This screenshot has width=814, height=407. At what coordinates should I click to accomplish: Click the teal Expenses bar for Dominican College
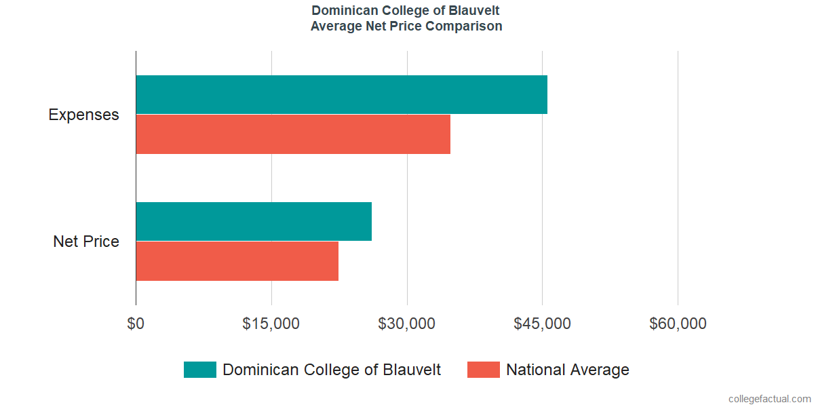pyautogui.click(x=341, y=94)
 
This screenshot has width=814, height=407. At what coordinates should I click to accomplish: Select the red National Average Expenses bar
pyautogui.click(x=293, y=134)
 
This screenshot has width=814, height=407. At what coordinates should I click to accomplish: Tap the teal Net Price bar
pyautogui.click(x=254, y=221)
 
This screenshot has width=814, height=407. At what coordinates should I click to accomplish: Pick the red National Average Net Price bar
pyautogui.click(x=237, y=260)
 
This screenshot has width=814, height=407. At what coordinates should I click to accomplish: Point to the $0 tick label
pyautogui.click(x=136, y=324)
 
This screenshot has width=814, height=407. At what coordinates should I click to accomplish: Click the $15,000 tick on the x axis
pyautogui.click(x=271, y=324)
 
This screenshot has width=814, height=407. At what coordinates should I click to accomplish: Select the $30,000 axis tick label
pyautogui.click(x=406, y=324)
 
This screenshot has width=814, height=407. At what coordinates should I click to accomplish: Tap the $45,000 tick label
pyautogui.click(x=542, y=324)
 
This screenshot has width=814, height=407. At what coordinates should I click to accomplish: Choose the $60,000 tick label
pyautogui.click(x=678, y=324)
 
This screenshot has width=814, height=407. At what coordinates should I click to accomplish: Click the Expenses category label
pyautogui.click(x=83, y=115)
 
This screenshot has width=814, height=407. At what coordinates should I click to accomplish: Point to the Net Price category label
pyautogui.click(x=86, y=241)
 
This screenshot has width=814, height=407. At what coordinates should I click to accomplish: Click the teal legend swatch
pyautogui.click(x=200, y=370)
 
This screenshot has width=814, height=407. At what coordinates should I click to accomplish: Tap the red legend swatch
pyautogui.click(x=484, y=370)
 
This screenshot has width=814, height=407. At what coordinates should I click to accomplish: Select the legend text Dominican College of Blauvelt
pyautogui.click(x=332, y=370)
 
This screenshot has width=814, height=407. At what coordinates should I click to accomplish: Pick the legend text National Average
pyautogui.click(x=568, y=370)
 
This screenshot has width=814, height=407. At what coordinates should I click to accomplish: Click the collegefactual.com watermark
pyautogui.click(x=769, y=399)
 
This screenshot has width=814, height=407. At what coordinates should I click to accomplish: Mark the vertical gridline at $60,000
pyautogui.click(x=678, y=176)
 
